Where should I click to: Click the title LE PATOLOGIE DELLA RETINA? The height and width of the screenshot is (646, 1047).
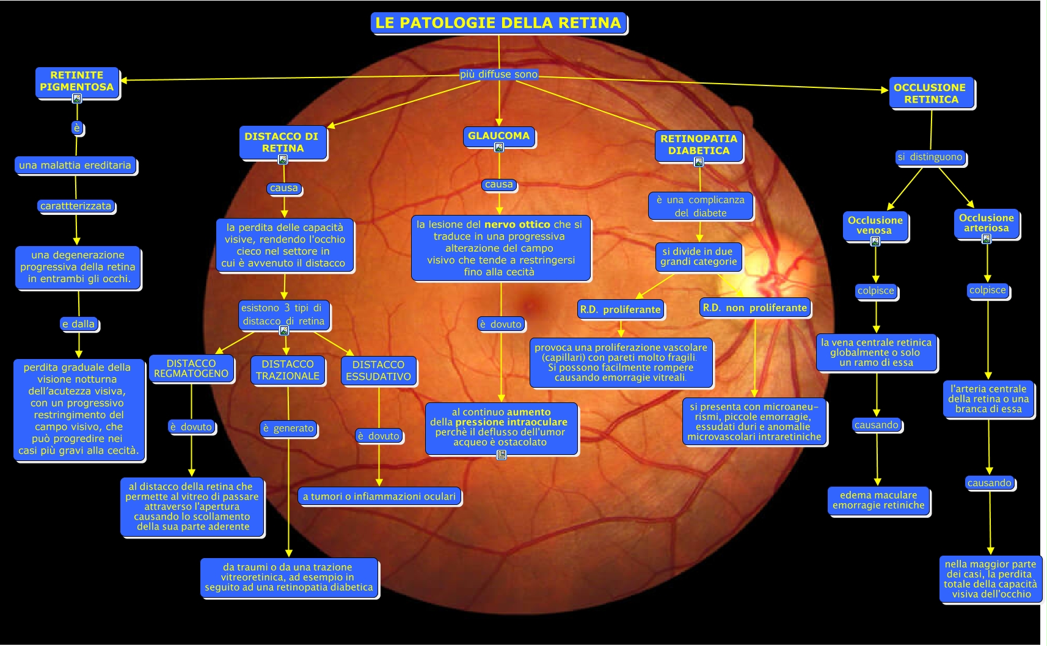pyautogui.click(x=498, y=23)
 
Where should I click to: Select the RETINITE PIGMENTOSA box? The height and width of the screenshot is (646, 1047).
pyautogui.click(x=77, y=81)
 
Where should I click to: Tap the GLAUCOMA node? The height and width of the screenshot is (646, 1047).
pyautogui.click(x=498, y=136)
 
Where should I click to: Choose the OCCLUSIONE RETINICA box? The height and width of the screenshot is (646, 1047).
pyautogui.click(x=930, y=93)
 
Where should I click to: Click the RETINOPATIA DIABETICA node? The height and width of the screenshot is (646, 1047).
pyautogui.click(x=698, y=145)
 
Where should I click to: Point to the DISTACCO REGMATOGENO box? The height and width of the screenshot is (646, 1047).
pyautogui.click(x=191, y=369)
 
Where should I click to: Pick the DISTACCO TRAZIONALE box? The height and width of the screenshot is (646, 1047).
pyautogui.click(x=287, y=370)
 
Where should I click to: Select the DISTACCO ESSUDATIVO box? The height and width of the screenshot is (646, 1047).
pyautogui.click(x=378, y=371)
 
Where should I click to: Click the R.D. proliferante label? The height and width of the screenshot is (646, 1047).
pyautogui.click(x=620, y=310)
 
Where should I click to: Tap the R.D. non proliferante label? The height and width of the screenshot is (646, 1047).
pyautogui.click(x=754, y=308)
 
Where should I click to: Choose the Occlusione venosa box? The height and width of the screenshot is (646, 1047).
pyautogui.click(x=875, y=225)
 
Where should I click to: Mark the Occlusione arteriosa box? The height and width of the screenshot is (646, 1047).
pyautogui.click(x=986, y=223)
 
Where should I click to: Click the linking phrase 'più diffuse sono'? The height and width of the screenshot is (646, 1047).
pyautogui.click(x=498, y=74)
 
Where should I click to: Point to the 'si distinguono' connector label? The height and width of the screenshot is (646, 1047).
pyautogui.click(x=930, y=157)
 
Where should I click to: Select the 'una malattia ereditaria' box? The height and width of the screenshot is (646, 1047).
pyautogui.click(x=75, y=165)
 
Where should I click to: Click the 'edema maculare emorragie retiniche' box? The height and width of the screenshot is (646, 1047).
pyautogui.click(x=878, y=500)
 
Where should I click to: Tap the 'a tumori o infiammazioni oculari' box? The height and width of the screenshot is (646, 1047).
pyautogui.click(x=379, y=496)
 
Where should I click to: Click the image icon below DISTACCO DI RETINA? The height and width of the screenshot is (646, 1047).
pyautogui.click(x=283, y=160)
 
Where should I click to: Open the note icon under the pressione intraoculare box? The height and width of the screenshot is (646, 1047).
pyautogui.click(x=502, y=455)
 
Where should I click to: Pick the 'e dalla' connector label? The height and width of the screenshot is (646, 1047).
pyautogui.click(x=79, y=324)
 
